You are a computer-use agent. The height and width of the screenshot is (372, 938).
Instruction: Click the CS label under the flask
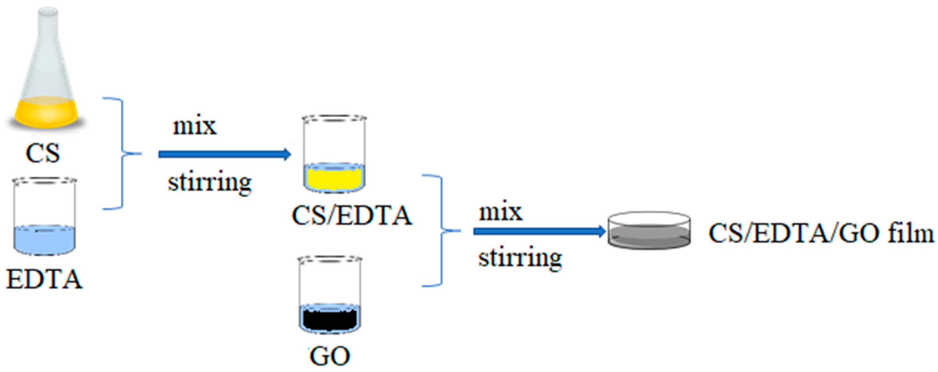tap(43, 153)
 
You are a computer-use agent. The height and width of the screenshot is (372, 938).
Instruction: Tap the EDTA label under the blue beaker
tap(44, 280)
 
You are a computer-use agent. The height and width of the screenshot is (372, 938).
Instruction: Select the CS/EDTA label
tap(351, 215)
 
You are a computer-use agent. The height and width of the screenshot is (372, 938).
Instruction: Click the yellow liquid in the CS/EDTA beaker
tap(334, 178)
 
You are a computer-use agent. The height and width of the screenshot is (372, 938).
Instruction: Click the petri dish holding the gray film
tap(649, 231)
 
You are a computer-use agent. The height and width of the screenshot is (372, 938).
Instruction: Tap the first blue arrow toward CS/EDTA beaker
tap(224, 154)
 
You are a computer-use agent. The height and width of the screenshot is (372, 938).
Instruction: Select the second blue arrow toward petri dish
tap(539, 231)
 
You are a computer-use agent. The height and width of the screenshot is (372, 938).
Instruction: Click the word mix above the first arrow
tap(195, 127)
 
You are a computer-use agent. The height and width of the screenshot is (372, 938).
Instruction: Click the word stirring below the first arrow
tap(209, 182)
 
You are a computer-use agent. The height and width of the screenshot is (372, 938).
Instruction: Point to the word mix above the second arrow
tap(501, 212)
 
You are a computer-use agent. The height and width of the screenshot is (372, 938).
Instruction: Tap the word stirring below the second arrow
tap(520, 258)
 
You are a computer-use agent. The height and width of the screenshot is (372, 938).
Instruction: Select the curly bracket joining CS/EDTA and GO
tap(442, 231)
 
